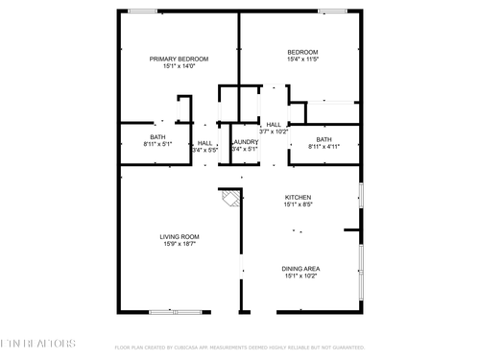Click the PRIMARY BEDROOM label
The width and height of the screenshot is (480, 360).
point(179,59)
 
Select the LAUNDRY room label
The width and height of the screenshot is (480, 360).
point(245,142)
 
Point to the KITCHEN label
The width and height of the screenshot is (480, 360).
point(298,198)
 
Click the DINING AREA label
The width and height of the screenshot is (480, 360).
point(300,269)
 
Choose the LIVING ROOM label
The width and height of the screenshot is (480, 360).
point(179,237)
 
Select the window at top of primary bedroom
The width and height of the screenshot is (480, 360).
point(143,12)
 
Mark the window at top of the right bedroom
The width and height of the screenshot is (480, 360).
point(332,12)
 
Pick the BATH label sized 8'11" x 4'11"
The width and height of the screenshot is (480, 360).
point(324,139)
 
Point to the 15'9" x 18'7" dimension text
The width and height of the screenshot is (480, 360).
point(179,245)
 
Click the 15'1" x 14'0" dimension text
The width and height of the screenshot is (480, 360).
point(179,66)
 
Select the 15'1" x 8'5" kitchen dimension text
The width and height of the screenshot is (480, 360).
point(298,205)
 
